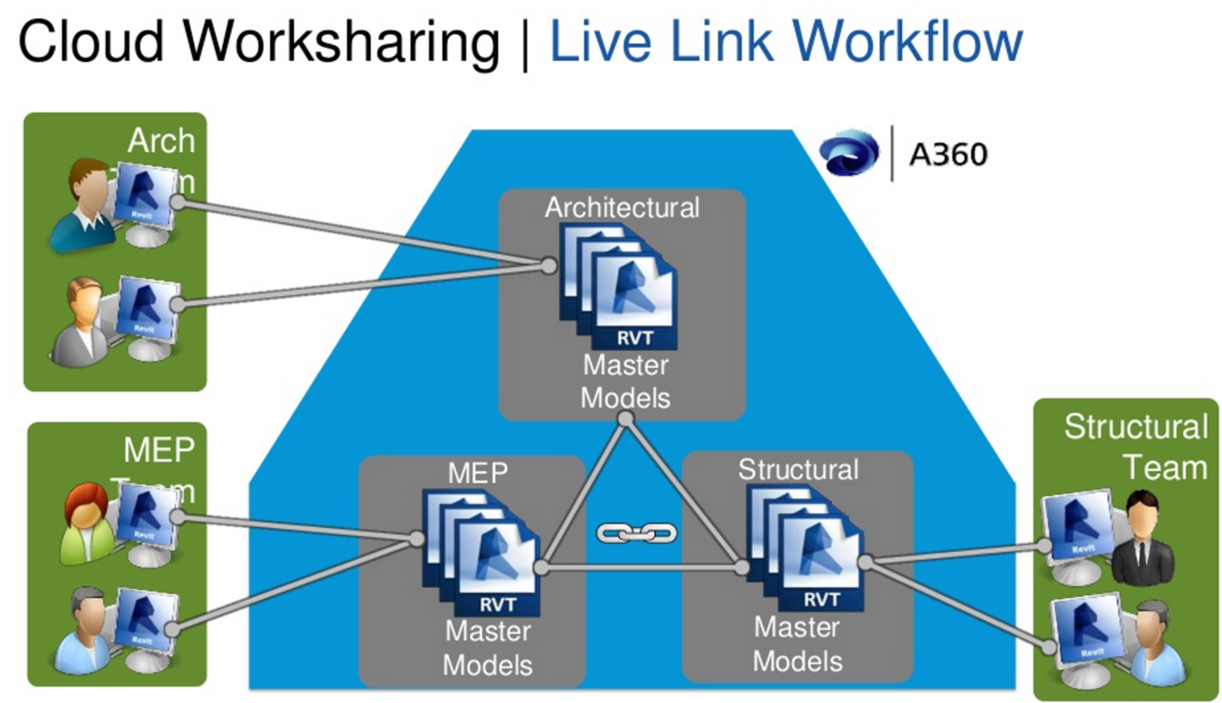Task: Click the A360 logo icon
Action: (x=848, y=154)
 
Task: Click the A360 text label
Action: (x=947, y=155)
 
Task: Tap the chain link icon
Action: (x=637, y=533)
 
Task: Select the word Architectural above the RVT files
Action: (x=622, y=207)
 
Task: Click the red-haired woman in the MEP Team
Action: (x=86, y=523)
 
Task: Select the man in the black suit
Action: (x=1141, y=538)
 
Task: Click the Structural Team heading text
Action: (x=1135, y=447)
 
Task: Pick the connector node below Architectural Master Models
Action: (x=626, y=418)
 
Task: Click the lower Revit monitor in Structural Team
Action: (x=1083, y=633)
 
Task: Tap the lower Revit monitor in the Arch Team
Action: (x=146, y=311)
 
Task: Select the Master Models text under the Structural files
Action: (x=797, y=644)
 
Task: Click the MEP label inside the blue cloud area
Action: (x=477, y=473)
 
